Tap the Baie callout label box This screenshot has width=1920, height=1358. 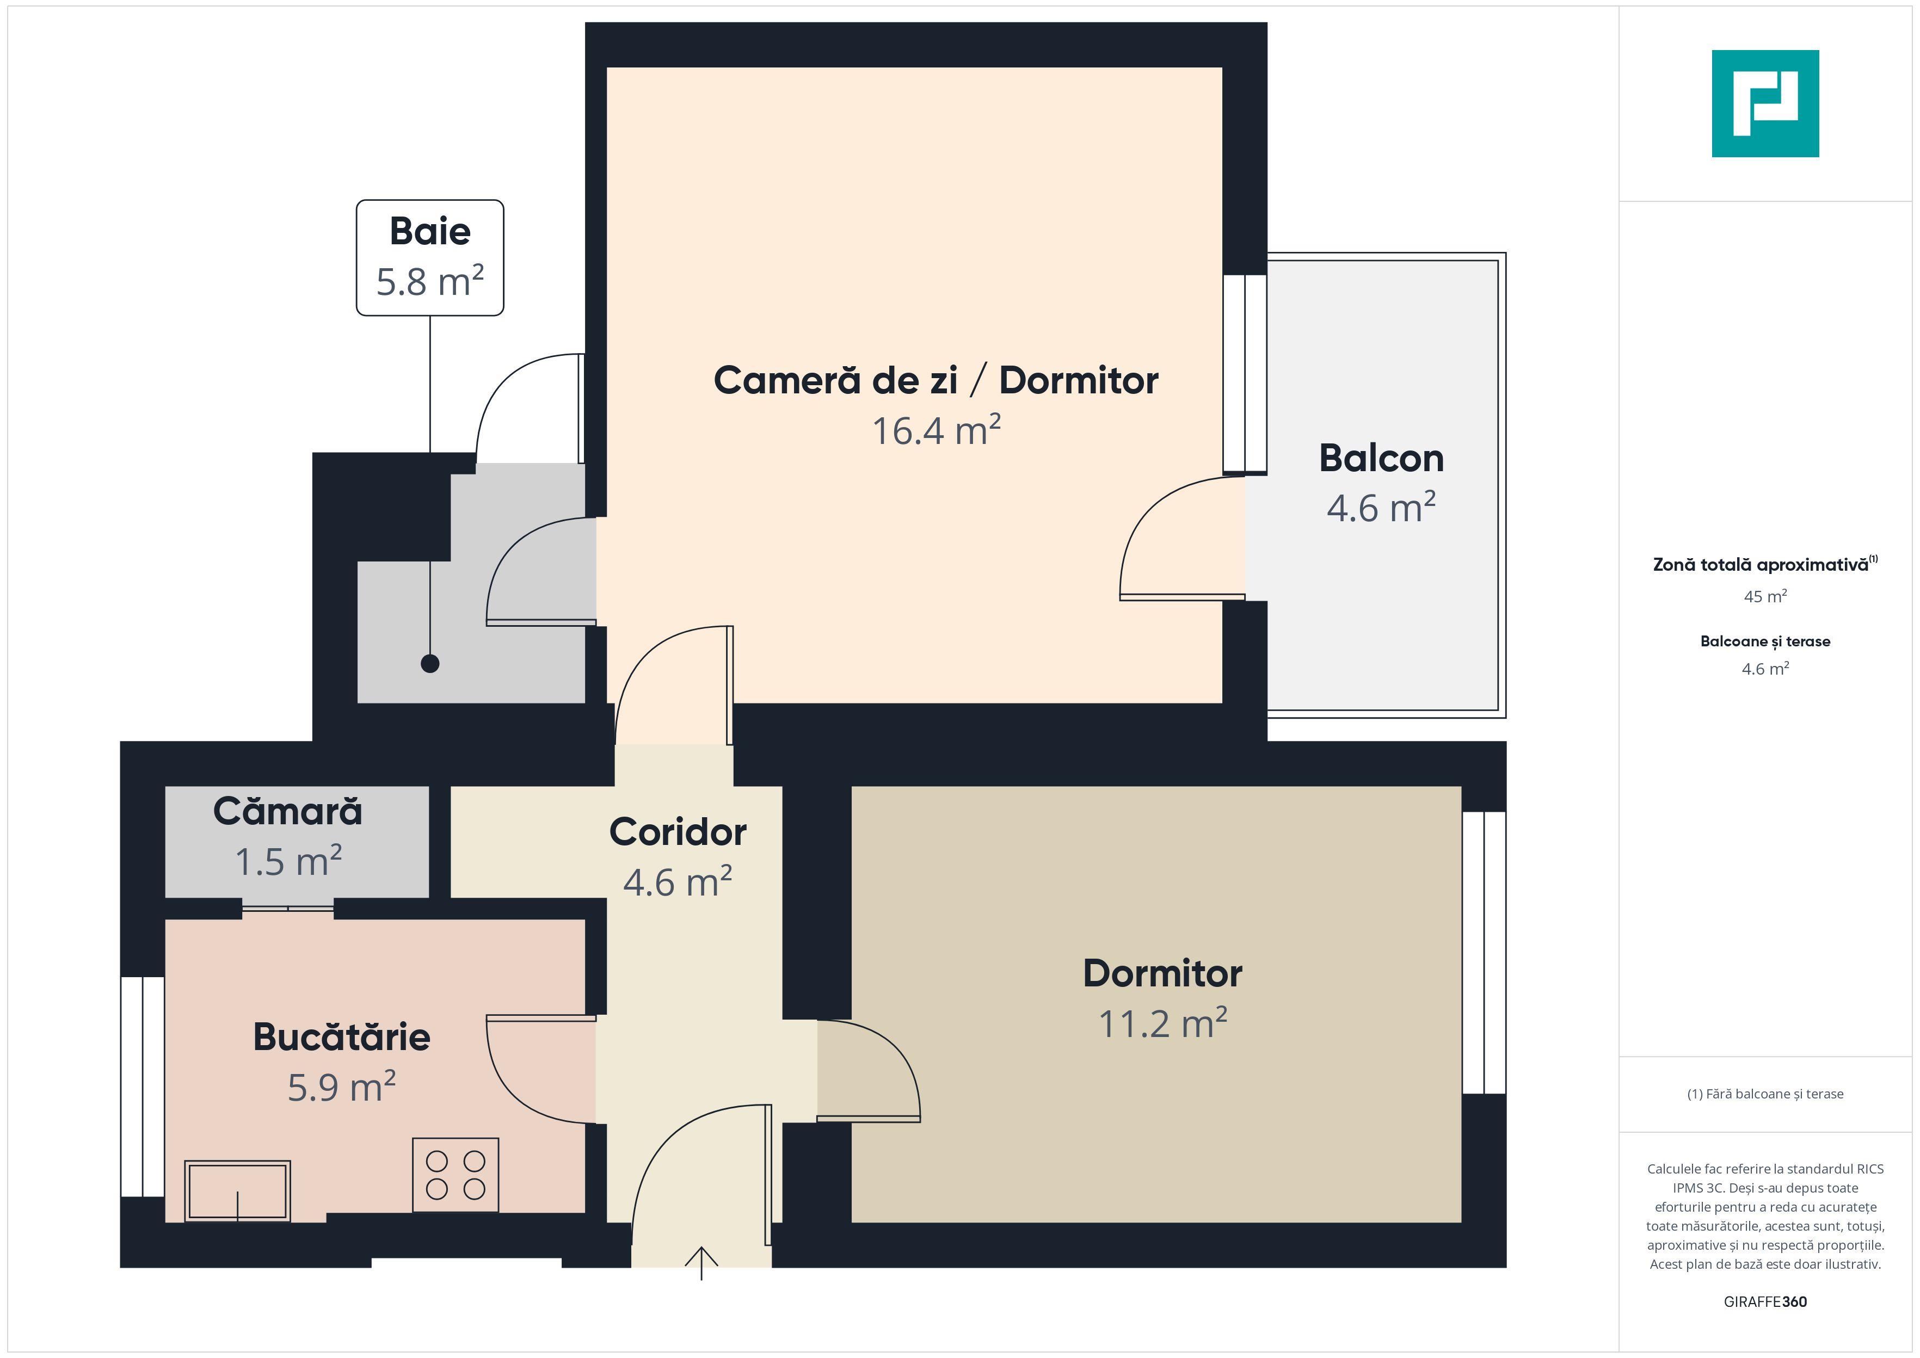coord(430,257)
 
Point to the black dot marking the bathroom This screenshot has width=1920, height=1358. coord(430,664)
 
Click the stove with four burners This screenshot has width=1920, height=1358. coord(456,1175)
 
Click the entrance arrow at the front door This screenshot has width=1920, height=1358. coord(701,1263)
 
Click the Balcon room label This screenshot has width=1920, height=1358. coord(1381,458)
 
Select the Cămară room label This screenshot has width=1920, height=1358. coord(288,811)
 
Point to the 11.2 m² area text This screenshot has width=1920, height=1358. coord(1162,1023)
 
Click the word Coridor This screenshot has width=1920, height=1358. coord(678,832)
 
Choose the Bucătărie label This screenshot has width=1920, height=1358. coord(341,1037)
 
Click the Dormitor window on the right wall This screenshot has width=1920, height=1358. coord(1484,953)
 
